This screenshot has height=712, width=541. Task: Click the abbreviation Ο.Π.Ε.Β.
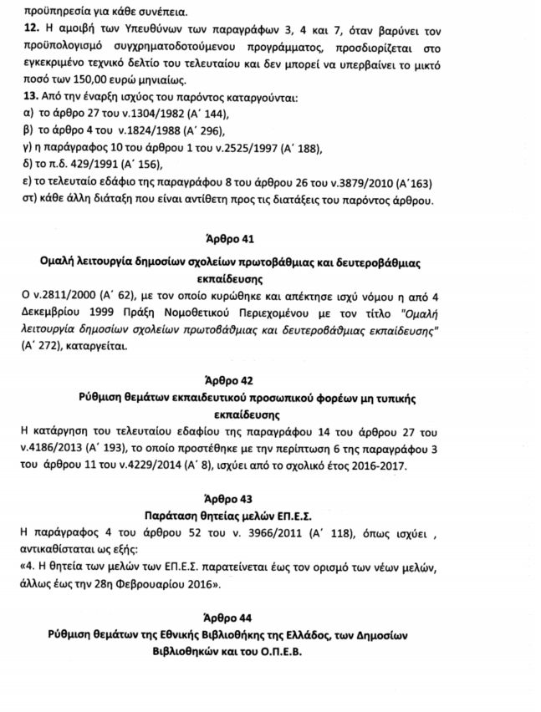304,651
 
